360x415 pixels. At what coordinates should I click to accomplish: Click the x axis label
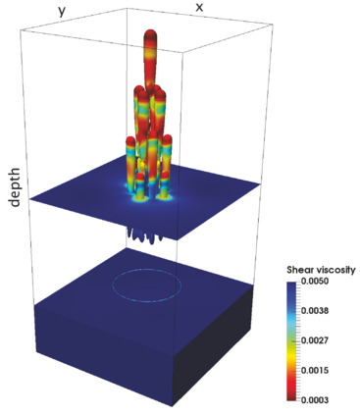point(199,7)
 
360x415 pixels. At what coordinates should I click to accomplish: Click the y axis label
point(62,11)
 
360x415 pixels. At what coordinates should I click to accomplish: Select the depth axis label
point(16,187)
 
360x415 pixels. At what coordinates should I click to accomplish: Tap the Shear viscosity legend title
point(321,270)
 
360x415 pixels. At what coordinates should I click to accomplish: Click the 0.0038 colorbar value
point(315,311)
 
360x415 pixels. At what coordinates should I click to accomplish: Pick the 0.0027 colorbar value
point(315,340)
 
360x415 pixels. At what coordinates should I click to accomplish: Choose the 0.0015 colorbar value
point(315,371)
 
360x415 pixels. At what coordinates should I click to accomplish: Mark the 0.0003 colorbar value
point(315,399)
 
